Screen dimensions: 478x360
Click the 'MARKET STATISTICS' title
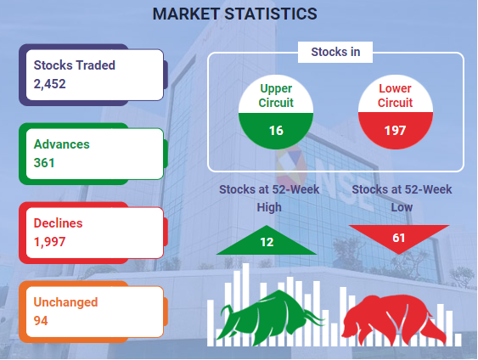234,14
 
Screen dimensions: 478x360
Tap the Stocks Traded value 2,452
50,84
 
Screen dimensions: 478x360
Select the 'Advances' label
62,144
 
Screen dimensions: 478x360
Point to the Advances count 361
44,163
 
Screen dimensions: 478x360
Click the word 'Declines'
58,223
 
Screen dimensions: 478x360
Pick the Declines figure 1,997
49,242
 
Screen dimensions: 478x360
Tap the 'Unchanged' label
65,302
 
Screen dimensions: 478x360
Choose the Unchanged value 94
41,321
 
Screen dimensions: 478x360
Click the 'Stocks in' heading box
335,52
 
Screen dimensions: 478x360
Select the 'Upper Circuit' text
276,96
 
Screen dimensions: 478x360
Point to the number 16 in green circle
276,131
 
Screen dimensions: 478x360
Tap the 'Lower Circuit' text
395,96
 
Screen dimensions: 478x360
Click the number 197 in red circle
395,131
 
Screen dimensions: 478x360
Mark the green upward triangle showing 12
267,242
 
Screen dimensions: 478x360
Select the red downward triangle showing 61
399,237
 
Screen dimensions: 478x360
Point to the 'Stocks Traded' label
75,65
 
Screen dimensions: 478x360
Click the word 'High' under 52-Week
269,207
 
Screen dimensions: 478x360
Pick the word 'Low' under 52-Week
402,207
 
